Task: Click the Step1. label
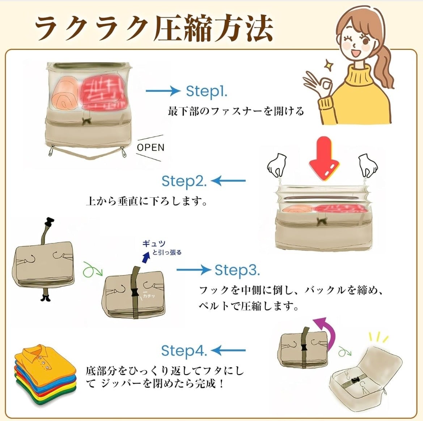(207, 91)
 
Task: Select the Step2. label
(184, 181)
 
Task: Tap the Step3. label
(237, 270)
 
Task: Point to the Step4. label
(184, 351)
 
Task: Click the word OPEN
(151, 147)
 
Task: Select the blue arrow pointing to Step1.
(163, 91)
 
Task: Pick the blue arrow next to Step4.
(228, 351)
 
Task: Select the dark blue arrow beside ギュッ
(146, 257)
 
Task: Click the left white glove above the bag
(277, 165)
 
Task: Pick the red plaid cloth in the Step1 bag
(104, 91)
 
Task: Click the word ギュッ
(154, 244)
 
